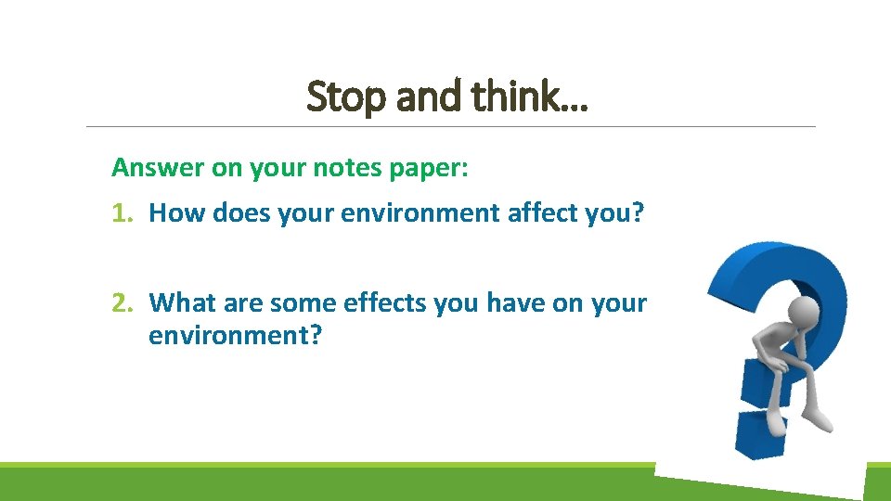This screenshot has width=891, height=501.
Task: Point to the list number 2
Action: coord(120,302)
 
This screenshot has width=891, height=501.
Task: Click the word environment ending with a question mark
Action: coord(235,335)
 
